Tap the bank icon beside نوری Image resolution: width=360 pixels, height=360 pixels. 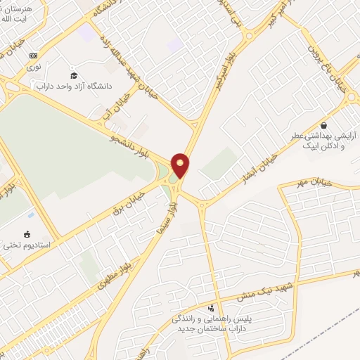pyautogui.click(x=33, y=56)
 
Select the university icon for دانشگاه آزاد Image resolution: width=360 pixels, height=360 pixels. pyautogui.click(x=74, y=75)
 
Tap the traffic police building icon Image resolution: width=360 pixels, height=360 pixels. pyautogui.click(x=210, y=308)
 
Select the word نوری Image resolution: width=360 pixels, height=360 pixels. pyautogui.click(x=34, y=67)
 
